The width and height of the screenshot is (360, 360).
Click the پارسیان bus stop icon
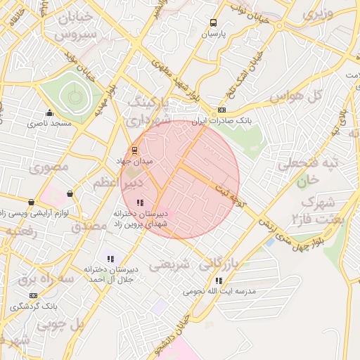click(x=214, y=22)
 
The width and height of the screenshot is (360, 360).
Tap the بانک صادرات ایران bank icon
click(x=222, y=110)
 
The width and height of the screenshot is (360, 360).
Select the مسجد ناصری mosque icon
click(x=49, y=113)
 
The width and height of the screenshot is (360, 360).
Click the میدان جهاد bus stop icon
click(x=134, y=149)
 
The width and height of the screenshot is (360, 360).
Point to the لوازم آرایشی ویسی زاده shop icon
click(x=70, y=193)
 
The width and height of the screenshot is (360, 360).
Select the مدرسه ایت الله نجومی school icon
click(x=219, y=281)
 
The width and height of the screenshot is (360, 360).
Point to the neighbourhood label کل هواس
click(x=295, y=96)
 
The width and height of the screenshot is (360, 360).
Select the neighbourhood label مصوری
click(x=49, y=167)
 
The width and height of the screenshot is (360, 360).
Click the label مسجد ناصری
click(x=50, y=124)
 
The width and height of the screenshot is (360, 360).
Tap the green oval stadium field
click(x=71, y=98)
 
